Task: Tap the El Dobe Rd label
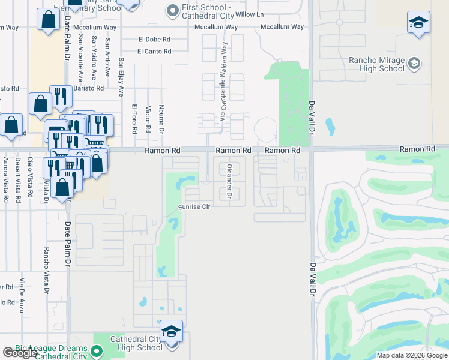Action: [154, 40]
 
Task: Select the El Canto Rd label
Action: [154, 52]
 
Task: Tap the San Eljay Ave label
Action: [121, 77]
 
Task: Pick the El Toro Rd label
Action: [134, 118]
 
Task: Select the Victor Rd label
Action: [148, 119]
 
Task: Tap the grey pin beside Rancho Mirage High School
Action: [414, 63]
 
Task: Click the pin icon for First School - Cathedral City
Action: [173, 10]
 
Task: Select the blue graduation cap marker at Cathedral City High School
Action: [171, 332]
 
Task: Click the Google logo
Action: [20, 353]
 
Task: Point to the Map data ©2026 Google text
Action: [412, 355]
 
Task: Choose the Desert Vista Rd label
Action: [17, 179]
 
